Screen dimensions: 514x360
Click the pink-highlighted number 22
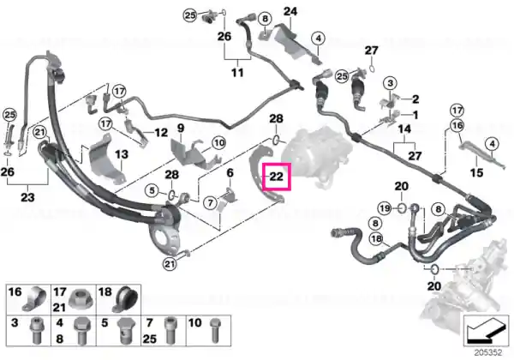(276, 177)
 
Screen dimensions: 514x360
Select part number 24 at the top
(290, 11)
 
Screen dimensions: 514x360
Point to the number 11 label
(237, 72)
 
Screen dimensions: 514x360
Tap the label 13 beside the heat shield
(122, 154)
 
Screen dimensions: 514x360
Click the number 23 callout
(27, 197)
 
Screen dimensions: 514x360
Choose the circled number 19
(385, 208)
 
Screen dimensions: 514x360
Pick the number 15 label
(476, 172)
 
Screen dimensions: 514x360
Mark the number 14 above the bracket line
(404, 129)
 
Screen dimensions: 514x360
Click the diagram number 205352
(488, 353)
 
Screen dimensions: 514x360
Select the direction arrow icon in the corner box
(487, 332)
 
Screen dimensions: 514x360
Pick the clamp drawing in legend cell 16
(34, 299)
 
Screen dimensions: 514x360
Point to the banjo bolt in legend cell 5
(124, 332)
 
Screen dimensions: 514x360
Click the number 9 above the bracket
(181, 129)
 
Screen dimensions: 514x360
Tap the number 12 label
(161, 133)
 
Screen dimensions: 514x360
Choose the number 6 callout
(230, 173)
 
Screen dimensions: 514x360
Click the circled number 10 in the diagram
(219, 143)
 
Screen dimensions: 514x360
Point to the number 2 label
(415, 99)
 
